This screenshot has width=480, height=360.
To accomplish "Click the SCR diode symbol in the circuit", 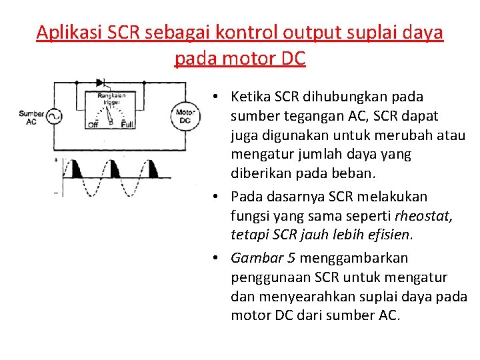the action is tap(101, 83).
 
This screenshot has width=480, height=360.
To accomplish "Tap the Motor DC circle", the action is tap(185, 116).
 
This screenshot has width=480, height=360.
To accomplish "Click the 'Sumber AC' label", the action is tap(31, 118).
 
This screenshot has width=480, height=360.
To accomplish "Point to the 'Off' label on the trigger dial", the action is tap(93, 125).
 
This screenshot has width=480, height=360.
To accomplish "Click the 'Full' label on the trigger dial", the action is tap(127, 125).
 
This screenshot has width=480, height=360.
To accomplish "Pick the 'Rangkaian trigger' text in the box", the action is tap(110, 99).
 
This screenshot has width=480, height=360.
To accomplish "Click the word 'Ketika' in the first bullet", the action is tap(251, 97).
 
